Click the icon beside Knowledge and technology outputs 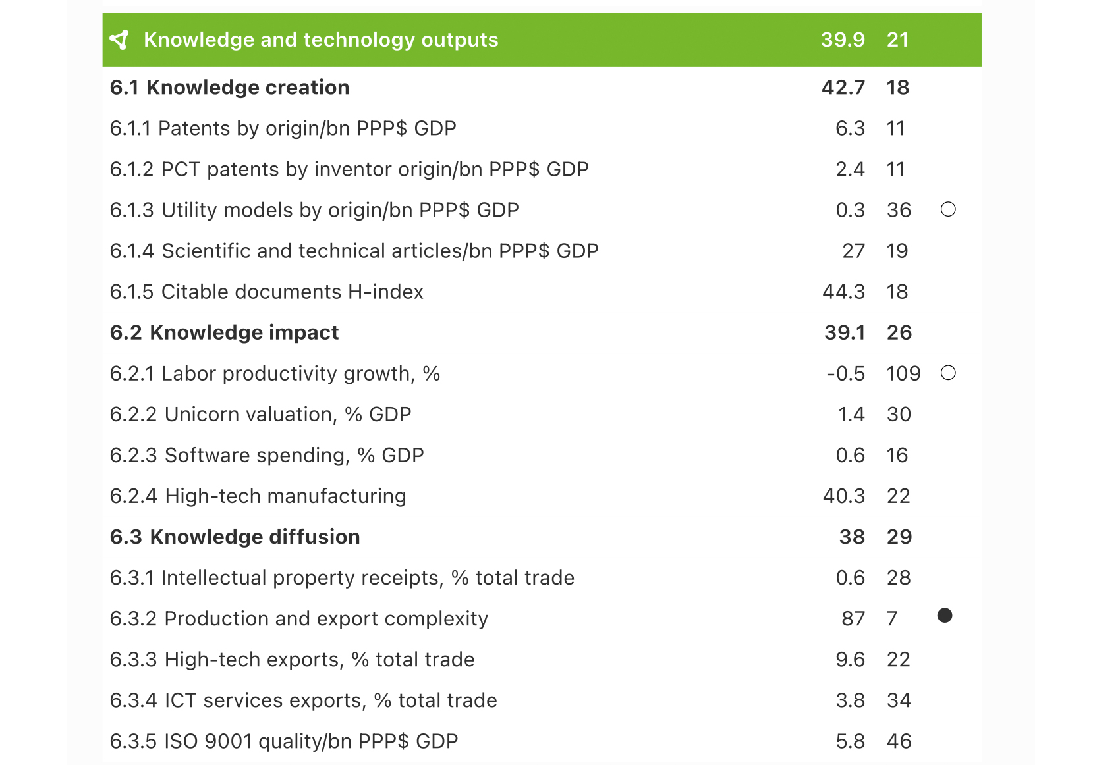coord(120,40)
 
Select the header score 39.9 coord(843,40)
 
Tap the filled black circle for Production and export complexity coord(945,616)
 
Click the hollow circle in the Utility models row coord(948,209)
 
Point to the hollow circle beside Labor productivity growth coord(948,373)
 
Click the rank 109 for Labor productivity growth coord(903,374)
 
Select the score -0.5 coord(846,374)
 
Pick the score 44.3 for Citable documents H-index coord(843,292)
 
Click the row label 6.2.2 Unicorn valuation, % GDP coord(260,415)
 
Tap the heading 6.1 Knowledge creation coord(229,88)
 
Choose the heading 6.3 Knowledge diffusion coord(235,537)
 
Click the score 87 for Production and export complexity coord(853,619)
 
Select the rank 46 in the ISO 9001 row coord(899,741)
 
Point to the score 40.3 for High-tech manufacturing coord(843,496)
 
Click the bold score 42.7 coord(843,88)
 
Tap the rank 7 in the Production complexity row coord(892,619)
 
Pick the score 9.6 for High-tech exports coord(850,660)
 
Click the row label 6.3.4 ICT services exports coord(303,700)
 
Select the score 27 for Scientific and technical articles coord(853,251)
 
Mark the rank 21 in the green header coord(897,40)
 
